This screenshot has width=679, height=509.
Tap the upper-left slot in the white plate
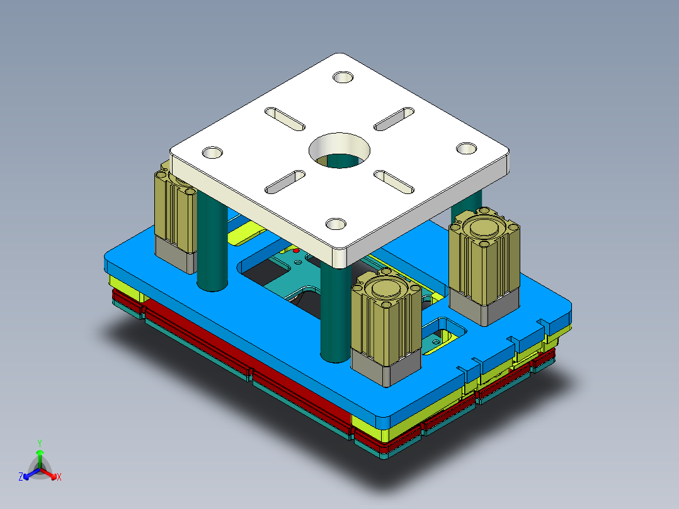click(x=283, y=118)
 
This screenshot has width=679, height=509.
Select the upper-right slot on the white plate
click(x=394, y=118)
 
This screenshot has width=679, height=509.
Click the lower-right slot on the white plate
click(x=394, y=181)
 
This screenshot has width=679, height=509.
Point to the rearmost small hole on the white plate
click(x=343, y=77)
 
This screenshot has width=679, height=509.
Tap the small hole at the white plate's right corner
click(x=467, y=148)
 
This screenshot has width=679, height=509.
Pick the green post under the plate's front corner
click(x=334, y=315)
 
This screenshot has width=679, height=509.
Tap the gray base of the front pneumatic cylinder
click(x=385, y=367)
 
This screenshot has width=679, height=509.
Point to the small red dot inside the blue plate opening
click(x=297, y=251)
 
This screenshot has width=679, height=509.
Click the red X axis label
click(x=59, y=478)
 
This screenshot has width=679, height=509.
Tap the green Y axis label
click(x=39, y=443)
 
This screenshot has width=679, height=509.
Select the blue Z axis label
click(x=21, y=478)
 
